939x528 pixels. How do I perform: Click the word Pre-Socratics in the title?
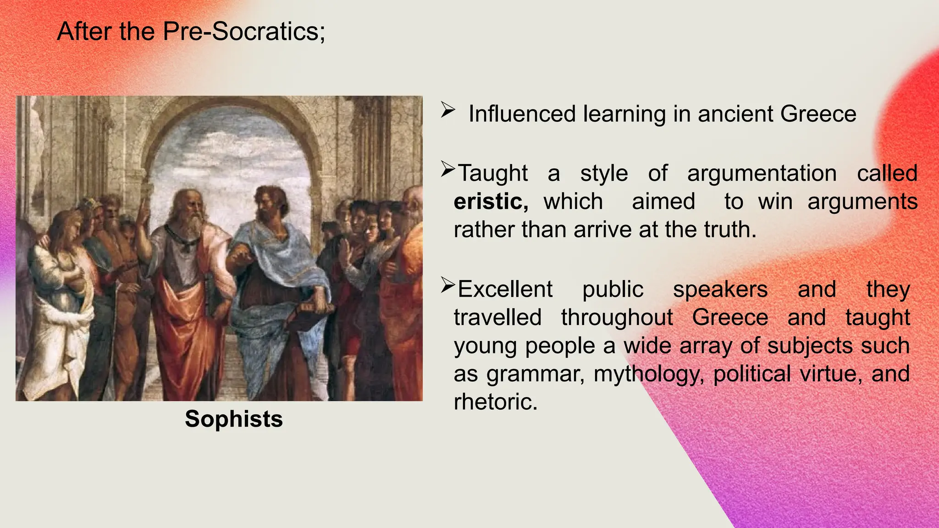[243, 32]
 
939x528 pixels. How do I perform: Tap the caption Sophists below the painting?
[234, 419]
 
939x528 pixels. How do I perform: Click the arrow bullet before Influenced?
[447, 110]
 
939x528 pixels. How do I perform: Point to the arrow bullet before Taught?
[447, 169]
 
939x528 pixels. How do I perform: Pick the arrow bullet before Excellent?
[447, 285]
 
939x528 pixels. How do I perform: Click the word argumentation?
[762, 174]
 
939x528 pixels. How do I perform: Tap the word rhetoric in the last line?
[495, 402]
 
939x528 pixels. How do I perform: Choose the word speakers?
[720, 290]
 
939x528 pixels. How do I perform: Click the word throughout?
[617, 318]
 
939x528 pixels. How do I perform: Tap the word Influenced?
[522, 114]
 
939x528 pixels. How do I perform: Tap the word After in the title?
[83, 32]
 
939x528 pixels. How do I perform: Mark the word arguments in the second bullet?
[862, 202]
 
